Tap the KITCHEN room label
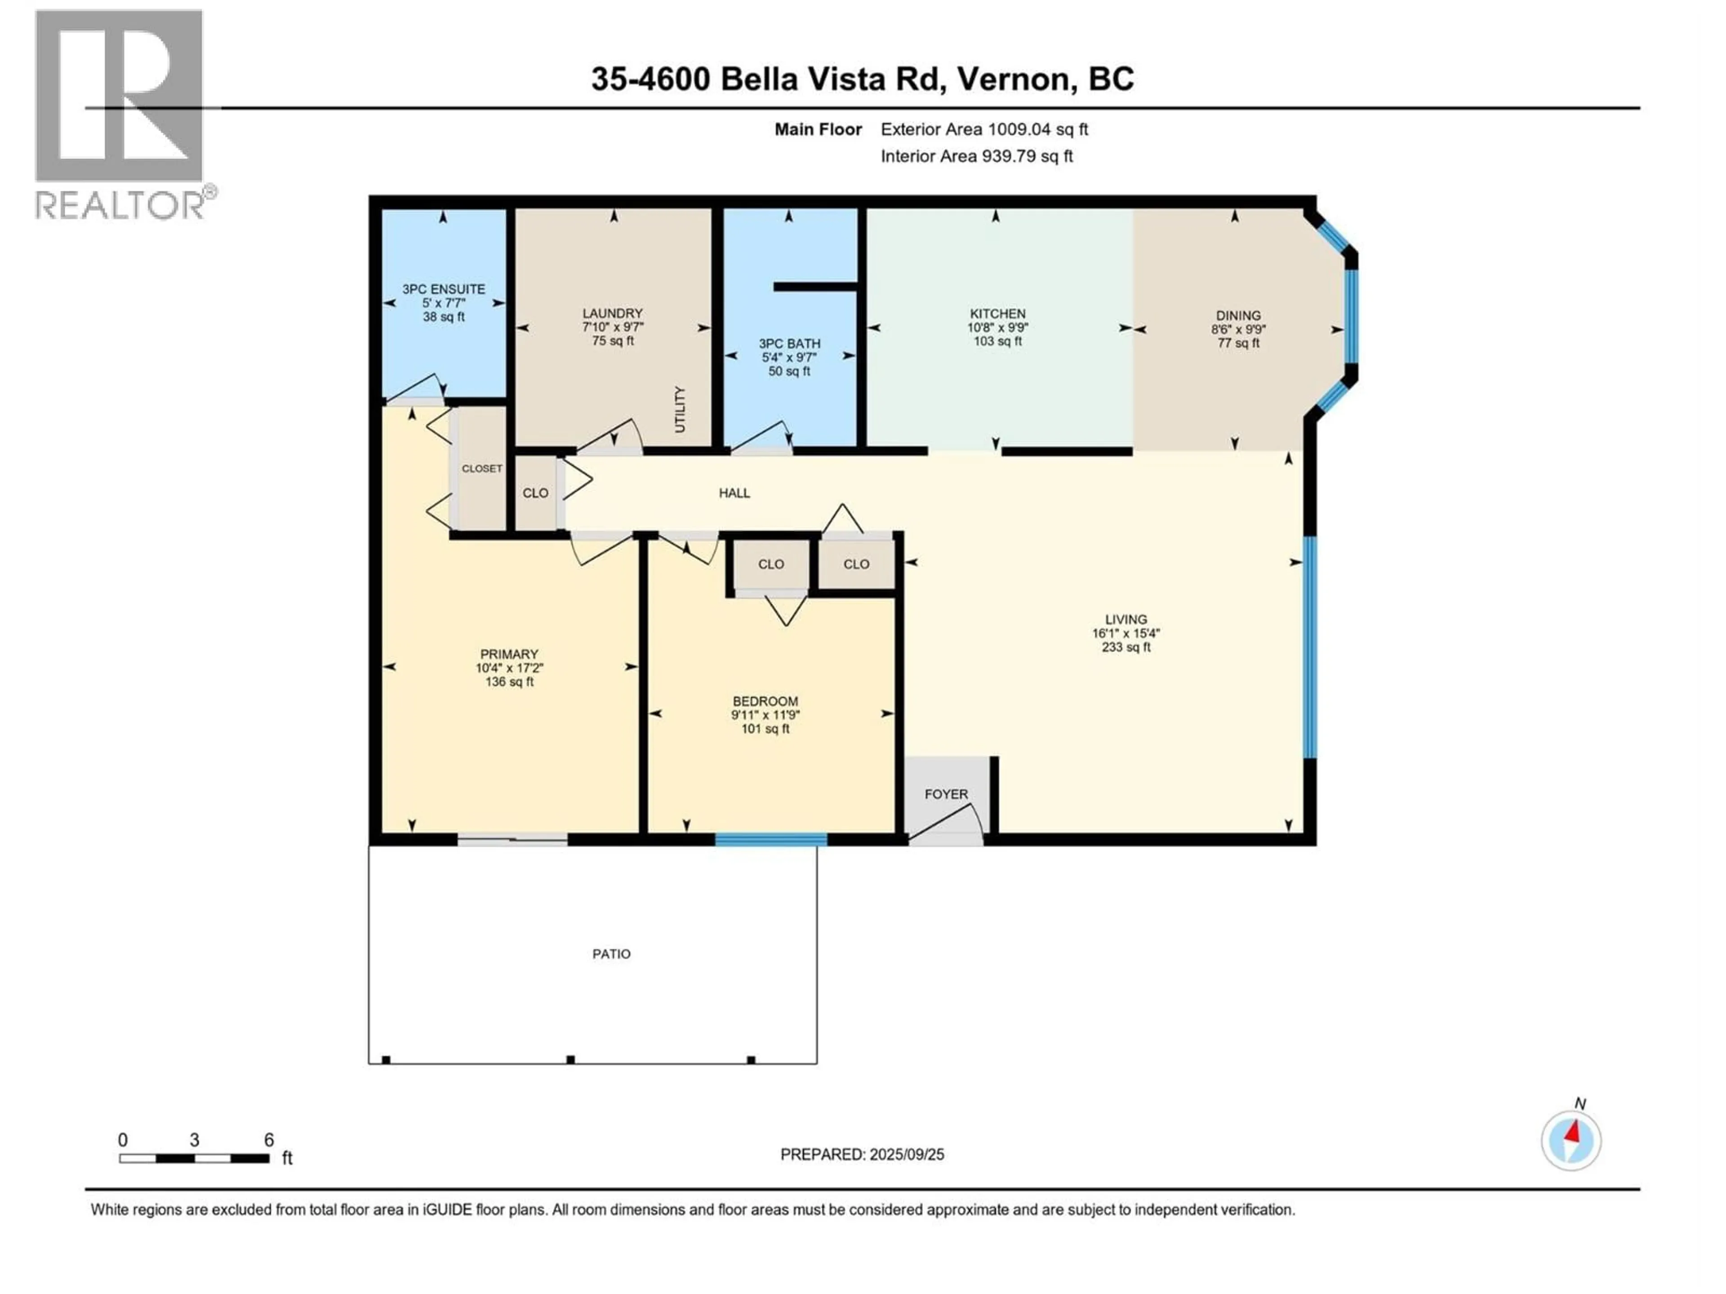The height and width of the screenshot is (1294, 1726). (997, 314)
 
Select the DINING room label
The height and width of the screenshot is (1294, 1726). (1237, 315)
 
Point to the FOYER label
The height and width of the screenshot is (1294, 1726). (946, 794)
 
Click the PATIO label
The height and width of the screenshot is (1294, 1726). (611, 953)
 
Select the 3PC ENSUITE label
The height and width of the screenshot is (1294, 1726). (443, 288)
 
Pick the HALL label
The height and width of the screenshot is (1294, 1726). (734, 493)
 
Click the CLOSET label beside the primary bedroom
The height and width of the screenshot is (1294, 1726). (481, 468)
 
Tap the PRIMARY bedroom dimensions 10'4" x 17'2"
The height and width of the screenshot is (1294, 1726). (509, 668)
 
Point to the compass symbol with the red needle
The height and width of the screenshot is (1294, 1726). (1571, 1140)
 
